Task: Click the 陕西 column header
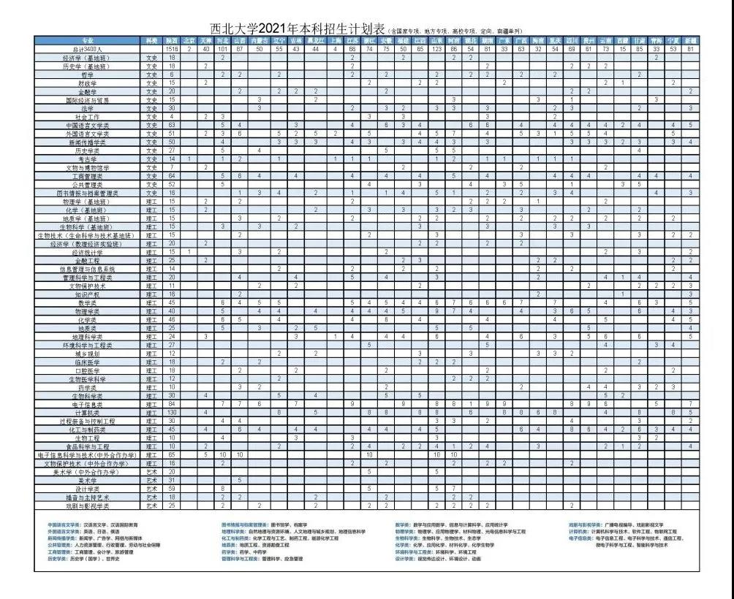pos(172,41)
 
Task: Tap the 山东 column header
pos(436,41)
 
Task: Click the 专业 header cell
pos(88,41)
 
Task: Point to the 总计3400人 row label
pos(88,48)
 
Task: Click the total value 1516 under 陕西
pos(172,48)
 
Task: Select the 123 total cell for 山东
pos(436,48)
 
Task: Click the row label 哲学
pos(88,75)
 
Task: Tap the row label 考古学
pos(88,159)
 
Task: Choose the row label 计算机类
pos(88,412)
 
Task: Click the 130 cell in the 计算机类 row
pos(172,412)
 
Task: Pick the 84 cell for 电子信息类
pos(172,403)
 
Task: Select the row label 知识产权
pos(88,294)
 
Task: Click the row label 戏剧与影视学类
pos(88,505)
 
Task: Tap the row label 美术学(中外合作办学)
pos(88,471)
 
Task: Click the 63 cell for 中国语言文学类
pos(172,125)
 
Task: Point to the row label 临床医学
pos(88,362)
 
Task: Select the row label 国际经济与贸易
pos(88,99)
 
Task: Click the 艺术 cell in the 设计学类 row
pos(152,488)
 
